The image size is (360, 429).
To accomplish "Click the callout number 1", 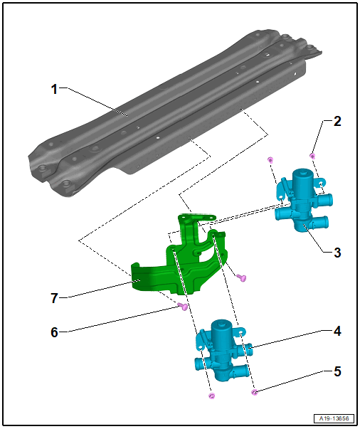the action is tap(55, 89).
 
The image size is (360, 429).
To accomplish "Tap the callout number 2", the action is tap(337, 121).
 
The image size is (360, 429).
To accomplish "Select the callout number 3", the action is tap(337, 253).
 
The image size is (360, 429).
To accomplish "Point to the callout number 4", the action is tap(337, 331).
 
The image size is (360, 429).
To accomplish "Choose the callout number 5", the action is tap(337, 371).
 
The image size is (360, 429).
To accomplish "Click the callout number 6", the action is tap(55, 332).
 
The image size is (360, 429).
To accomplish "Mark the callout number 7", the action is tap(55, 298).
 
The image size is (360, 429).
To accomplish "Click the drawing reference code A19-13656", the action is tap(334, 418).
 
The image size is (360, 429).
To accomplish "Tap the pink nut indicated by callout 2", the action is tap(312, 156).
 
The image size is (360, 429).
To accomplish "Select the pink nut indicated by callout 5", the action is tap(255, 393).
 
